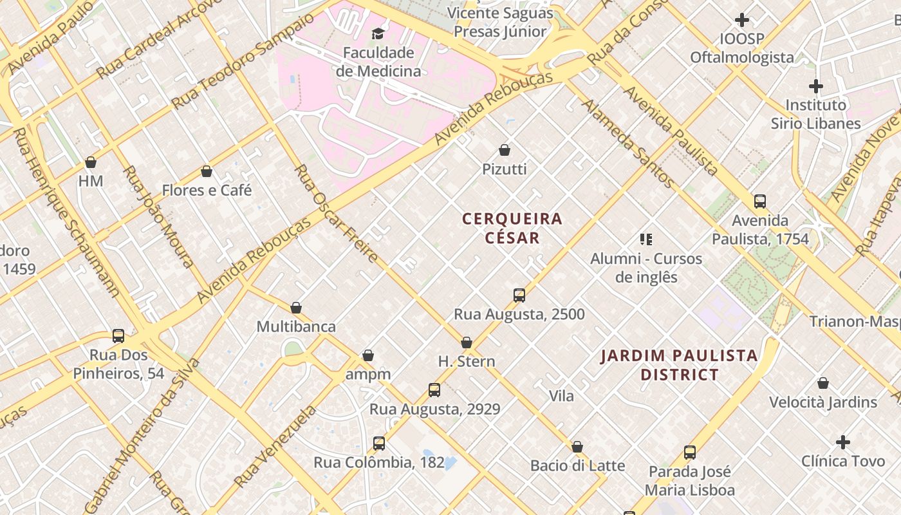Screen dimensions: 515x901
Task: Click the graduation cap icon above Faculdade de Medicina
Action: click(x=378, y=33)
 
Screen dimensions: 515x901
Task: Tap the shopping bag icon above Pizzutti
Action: click(x=505, y=150)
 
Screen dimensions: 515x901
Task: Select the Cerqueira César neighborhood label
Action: click(x=512, y=228)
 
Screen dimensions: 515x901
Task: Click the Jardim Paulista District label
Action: click(x=679, y=364)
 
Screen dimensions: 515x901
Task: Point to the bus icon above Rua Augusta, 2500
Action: click(x=519, y=295)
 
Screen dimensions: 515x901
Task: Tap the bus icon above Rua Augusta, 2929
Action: click(x=434, y=390)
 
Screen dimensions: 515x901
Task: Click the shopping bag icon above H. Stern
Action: click(x=467, y=342)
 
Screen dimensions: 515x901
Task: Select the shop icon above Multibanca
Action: click(x=296, y=308)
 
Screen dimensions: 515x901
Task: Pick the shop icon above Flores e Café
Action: click(x=207, y=171)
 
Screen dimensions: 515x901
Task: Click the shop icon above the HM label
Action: click(x=91, y=162)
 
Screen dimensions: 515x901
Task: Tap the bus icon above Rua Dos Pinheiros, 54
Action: click(x=118, y=336)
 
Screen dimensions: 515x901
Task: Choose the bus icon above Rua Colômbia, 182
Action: click(x=379, y=444)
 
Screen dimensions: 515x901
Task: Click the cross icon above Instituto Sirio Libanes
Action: click(x=816, y=86)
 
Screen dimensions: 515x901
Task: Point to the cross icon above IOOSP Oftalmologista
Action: click(x=742, y=20)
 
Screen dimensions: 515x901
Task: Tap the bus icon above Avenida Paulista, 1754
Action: click(x=760, y=201)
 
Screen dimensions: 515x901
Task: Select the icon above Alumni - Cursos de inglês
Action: click(x=646, y=239)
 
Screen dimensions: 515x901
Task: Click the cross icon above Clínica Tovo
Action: click(x=843, y=442)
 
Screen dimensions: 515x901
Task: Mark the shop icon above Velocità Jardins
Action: click(x=823, y=384)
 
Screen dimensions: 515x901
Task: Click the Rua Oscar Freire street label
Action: click(x=336, y=213)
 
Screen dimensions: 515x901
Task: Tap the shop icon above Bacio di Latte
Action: click(x=577, y=447)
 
